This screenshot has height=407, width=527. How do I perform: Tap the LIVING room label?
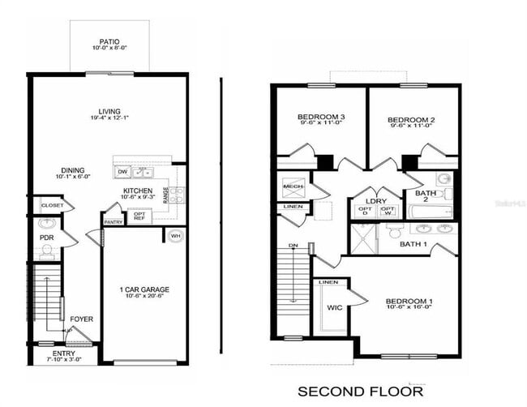click(x=109, y=112)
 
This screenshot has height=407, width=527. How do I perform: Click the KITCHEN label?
click(x=138, y=190)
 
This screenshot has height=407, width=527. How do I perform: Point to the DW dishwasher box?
click(x=122, y=172)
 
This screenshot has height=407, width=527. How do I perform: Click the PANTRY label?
click(x=113, y=221)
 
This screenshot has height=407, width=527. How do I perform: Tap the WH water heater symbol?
click(x=175, y=236)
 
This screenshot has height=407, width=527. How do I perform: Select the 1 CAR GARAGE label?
click(x=143, y=289)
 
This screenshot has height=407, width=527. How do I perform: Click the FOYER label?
click(x=81, y=319)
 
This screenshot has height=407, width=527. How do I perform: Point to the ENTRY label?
click(x=64, y=353)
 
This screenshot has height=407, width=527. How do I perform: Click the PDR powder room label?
click(x=47, y=238)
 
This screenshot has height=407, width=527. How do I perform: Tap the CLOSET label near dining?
click(x=52, y=206)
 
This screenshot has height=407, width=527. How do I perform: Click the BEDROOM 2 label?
click(x=411, y=120)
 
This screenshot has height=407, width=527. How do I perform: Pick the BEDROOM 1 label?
click(x=409, y=302)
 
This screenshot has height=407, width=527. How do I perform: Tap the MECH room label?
click(x=292, y=186)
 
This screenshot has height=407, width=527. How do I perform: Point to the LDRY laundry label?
click(x=375, y=200)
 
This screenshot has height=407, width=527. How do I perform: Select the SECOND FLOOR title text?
click(x=360, y=392)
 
